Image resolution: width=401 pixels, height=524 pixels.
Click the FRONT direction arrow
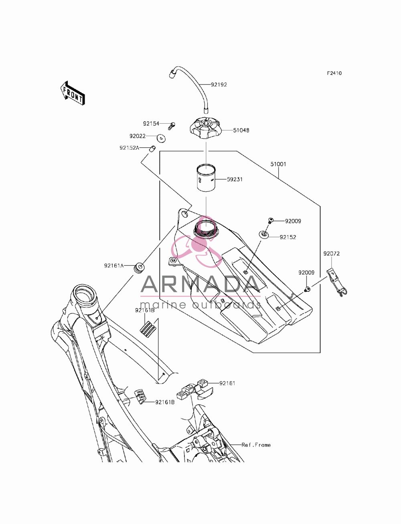(73, 93)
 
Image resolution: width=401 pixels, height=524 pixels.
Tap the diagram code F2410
(334, 73)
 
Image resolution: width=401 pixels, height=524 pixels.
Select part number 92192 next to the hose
(219, 85)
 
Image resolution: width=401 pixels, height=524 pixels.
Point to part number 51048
(241, 130)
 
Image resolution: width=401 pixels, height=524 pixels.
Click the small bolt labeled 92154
(172, 126)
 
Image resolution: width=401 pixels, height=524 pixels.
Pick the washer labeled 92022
(162, 138)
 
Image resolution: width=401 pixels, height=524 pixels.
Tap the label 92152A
(129, 148)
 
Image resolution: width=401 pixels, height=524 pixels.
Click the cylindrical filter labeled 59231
(206, 178)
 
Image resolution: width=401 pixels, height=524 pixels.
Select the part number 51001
(278, 164)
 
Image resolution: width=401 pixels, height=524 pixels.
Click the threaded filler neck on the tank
(206, 229)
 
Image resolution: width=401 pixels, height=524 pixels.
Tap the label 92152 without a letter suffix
(288, 237)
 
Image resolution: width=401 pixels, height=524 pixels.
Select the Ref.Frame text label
(256, 445)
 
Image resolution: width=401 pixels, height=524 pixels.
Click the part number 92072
(331, 253)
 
